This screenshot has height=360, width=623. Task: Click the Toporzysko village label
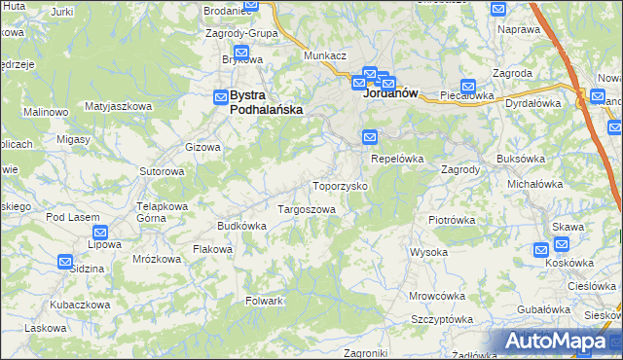pyautogui.click(x=339, y=185)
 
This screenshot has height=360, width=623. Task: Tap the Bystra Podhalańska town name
pyautogui.click(x=258, y=103)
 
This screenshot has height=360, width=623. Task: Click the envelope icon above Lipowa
pyautogui.click(x=100, y=233)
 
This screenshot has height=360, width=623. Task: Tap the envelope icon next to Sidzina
pyautogui.click(x=64, y=261)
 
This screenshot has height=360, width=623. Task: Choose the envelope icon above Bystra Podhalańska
pyautogui.click(x=221, y=96)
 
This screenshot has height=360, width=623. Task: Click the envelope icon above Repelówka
pyautogui.click(x=370, y=137)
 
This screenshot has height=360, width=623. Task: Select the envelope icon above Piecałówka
pyautogui.click(x=468, y=86)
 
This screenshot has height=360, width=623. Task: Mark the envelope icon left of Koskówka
pyautogui.click(x=541, y=250)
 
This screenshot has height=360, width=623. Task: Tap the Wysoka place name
pyautogui.click(x=428, y=252)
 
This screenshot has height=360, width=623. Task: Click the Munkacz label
pyautogui.click(x=325, y=56)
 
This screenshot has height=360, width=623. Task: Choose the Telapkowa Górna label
pyautogui.click(x=162, y=212)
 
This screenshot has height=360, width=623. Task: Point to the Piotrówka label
pyautogui.click(x=452, y=220)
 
